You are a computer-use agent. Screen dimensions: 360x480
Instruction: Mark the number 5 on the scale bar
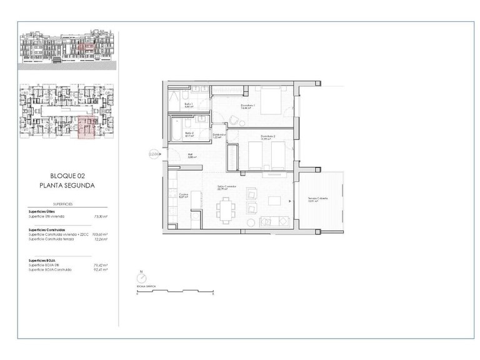[212, 294]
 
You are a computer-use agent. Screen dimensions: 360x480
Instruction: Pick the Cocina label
[183, 195]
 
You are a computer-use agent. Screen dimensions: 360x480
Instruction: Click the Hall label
[191, 156]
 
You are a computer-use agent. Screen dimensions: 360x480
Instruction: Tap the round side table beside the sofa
[251, 222]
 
